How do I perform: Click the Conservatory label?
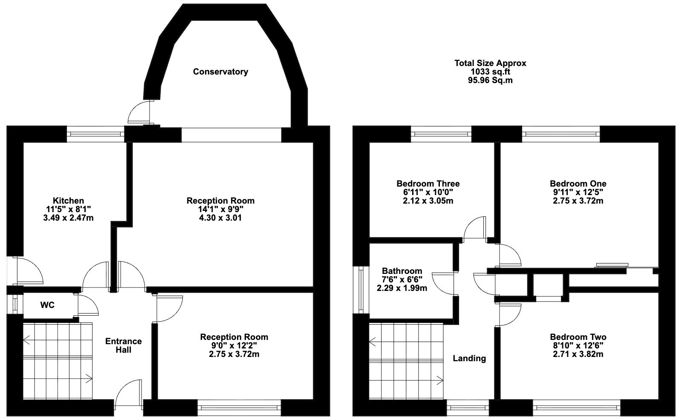220,72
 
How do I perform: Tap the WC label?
47,305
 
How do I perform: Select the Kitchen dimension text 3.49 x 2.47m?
68,218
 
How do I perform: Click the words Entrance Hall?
123,345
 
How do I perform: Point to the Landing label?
469,358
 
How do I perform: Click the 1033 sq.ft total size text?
490,72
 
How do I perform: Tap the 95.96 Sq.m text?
490,81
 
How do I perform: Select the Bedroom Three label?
428,184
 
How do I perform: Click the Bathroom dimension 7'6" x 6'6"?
402,279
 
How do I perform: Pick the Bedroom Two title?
578,337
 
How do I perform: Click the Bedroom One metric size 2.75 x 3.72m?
578,201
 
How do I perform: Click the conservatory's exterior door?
139,112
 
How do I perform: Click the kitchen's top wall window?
95,134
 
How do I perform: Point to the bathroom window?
361,290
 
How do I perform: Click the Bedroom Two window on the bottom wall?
576,407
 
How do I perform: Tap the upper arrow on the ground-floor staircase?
27,339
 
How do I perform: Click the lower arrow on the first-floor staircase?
439,380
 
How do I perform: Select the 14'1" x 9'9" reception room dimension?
220,210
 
